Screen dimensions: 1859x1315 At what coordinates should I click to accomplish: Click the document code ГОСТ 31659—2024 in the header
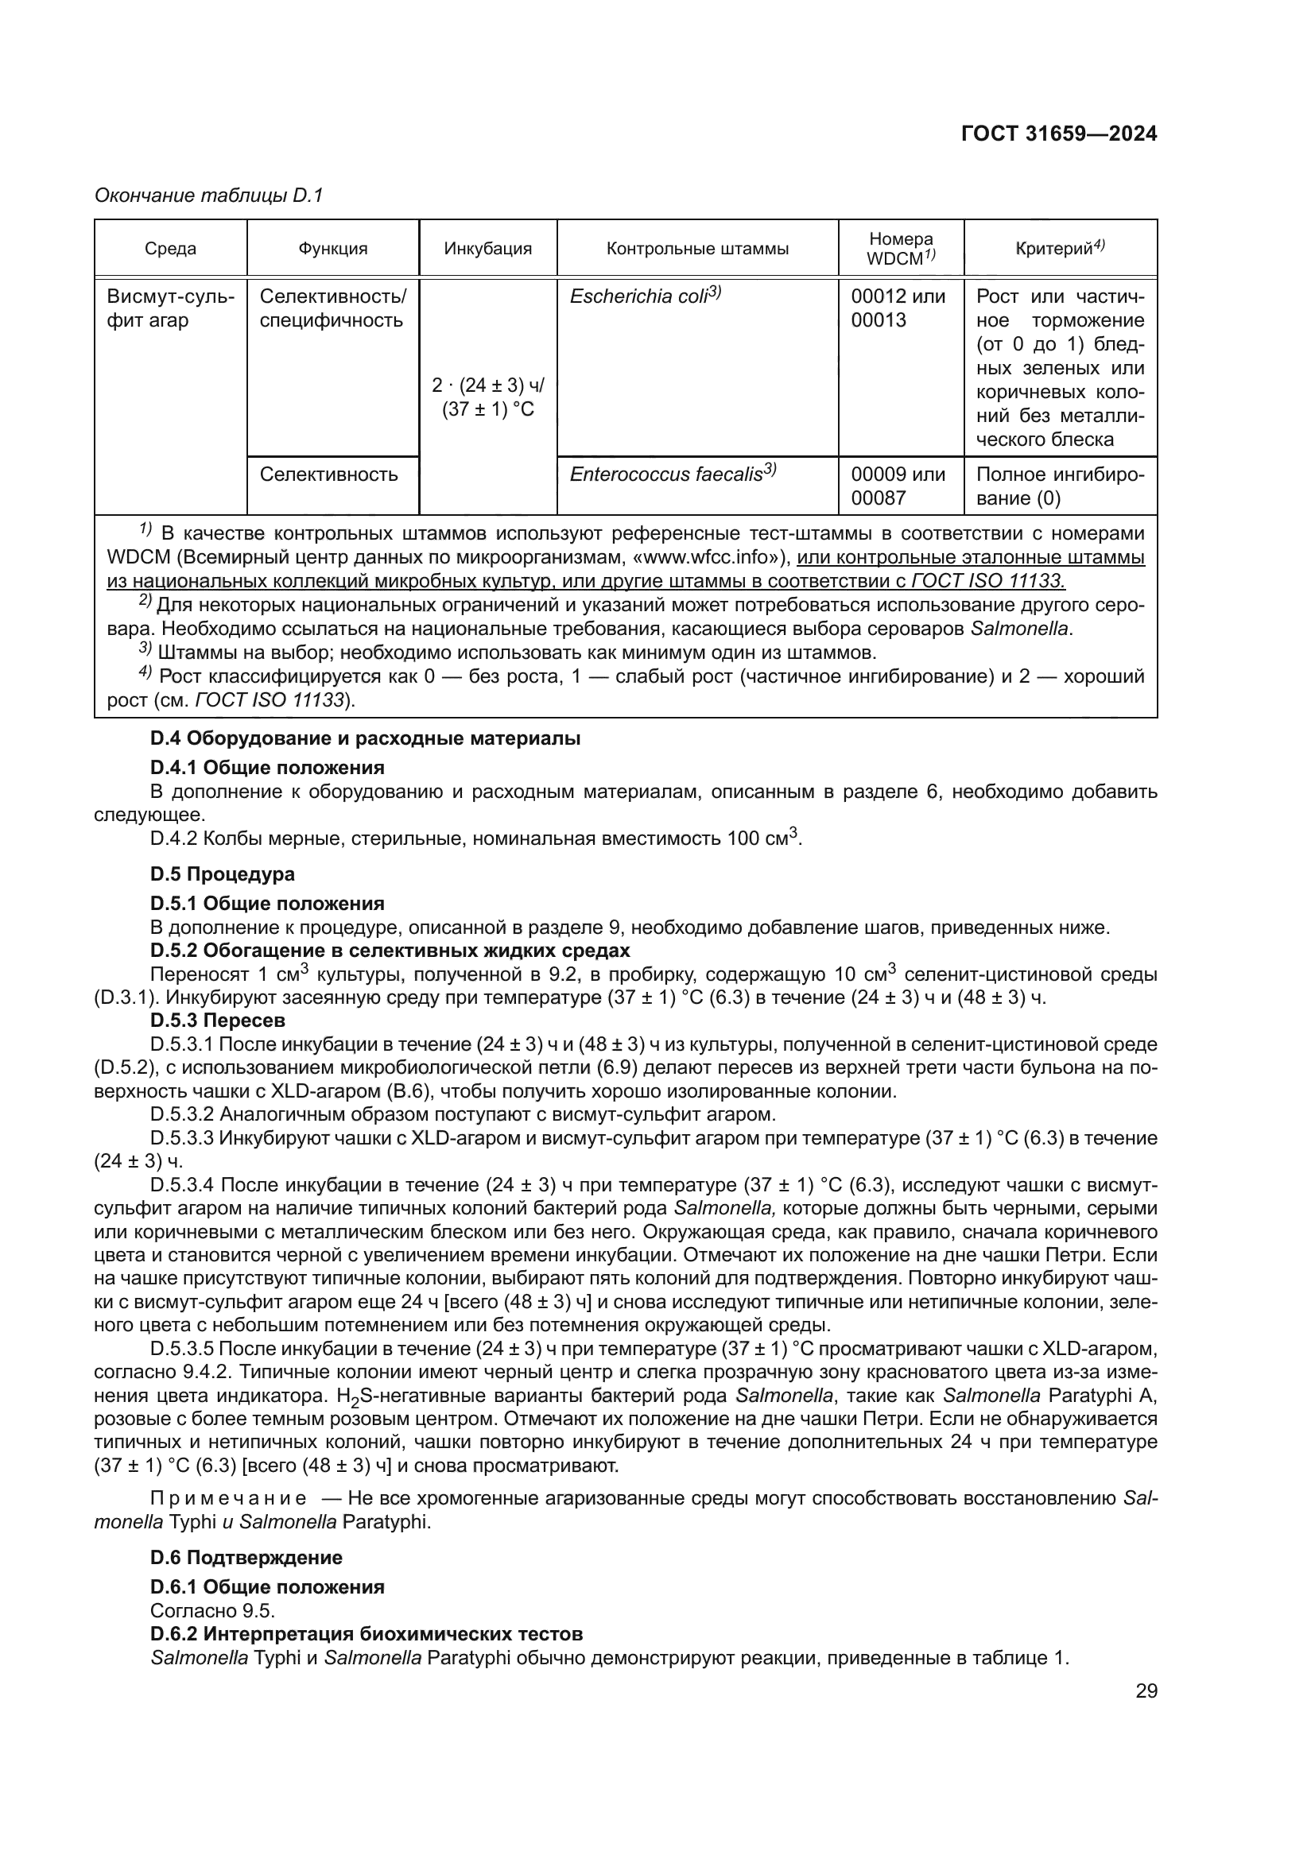1058,134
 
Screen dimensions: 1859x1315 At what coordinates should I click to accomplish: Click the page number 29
1146,1691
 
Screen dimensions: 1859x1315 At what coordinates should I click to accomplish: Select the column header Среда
170,249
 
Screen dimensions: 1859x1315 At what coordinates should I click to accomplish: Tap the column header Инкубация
487,249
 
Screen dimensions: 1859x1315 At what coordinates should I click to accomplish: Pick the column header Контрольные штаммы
697,249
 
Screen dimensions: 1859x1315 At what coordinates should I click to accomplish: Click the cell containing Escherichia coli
645,296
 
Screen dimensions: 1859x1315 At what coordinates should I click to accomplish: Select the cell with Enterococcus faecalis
672,474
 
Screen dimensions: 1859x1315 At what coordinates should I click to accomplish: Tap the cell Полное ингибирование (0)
1059,486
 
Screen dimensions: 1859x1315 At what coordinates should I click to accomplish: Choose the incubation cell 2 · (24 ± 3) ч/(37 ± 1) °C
487,397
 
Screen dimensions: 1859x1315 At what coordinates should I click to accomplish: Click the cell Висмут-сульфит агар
170,308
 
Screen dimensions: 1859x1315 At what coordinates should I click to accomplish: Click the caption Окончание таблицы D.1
208,196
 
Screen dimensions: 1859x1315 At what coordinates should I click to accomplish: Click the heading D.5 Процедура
223,874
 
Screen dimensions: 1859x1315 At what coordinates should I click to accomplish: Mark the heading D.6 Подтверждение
246,1558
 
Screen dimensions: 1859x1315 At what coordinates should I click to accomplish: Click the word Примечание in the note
228,1498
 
